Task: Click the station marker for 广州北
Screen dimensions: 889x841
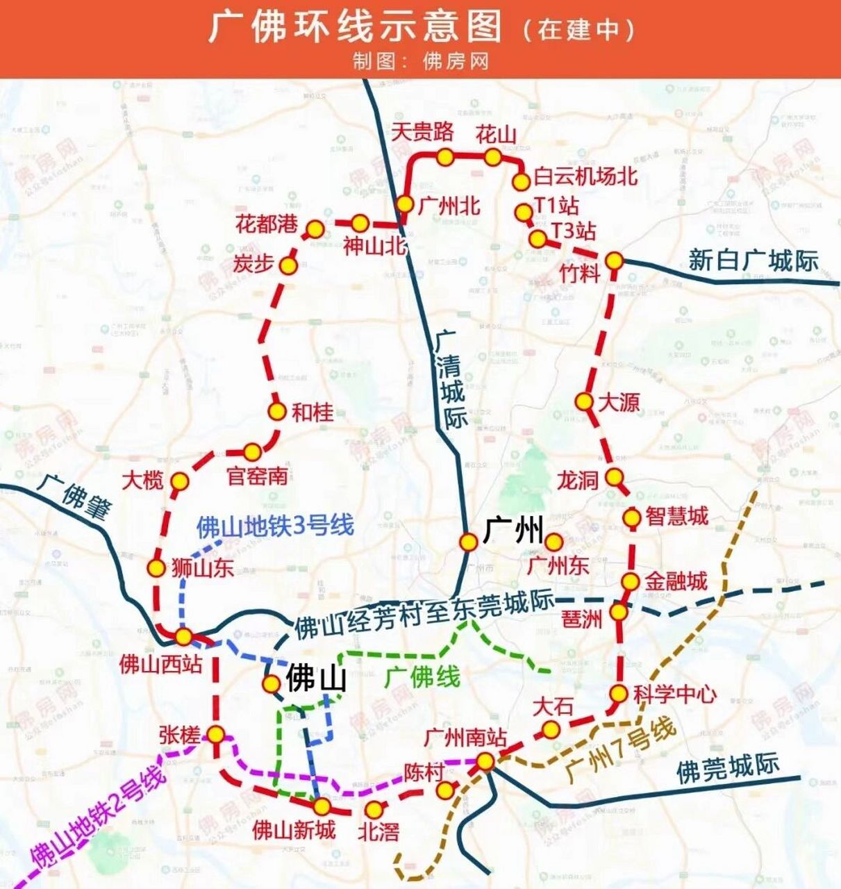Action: coord(405,204)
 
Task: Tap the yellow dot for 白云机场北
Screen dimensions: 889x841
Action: coord(521,182)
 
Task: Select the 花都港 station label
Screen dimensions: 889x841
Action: coord(266,224)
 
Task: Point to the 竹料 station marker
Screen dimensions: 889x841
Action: coord(614,261)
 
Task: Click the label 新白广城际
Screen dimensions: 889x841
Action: coord(753,260)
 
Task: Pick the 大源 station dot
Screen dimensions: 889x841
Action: coord(584,401)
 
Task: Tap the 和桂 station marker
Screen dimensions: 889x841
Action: coord(277,411)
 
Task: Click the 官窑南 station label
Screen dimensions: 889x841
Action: coord(257,476)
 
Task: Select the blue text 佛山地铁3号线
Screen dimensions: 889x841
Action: coord(275,526)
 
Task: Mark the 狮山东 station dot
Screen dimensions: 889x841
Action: coord(156,567)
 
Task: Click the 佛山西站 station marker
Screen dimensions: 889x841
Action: coord(184,636)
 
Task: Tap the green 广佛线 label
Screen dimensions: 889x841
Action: coord(422,676)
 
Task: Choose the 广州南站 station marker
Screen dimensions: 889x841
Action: coord(485,762)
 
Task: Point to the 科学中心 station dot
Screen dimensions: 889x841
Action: coord(619,693)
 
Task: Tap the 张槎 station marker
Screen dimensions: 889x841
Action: coord(216,734)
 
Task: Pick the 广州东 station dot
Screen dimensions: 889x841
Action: coord(553,542)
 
